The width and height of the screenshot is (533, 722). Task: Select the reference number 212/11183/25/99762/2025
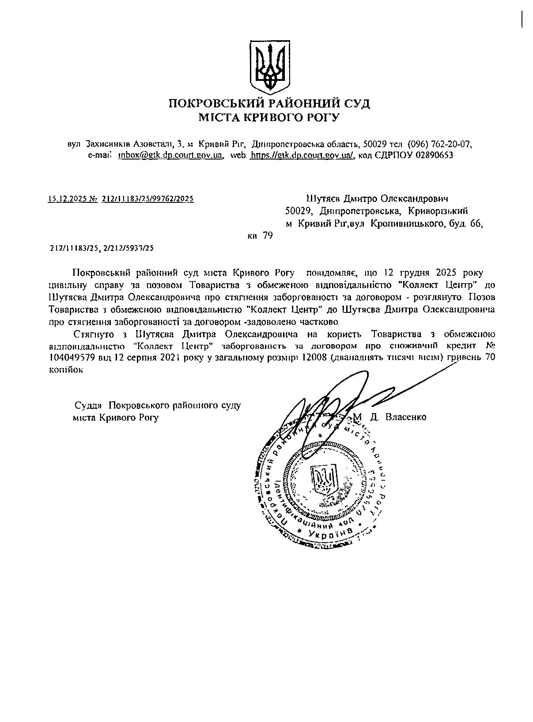click(147, 199)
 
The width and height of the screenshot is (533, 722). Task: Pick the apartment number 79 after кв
click(268, 236)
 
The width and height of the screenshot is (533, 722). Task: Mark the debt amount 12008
click(310, 358)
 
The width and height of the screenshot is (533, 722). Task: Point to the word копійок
click(66, 370)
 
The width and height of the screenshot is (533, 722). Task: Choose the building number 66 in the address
click(476, 224)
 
